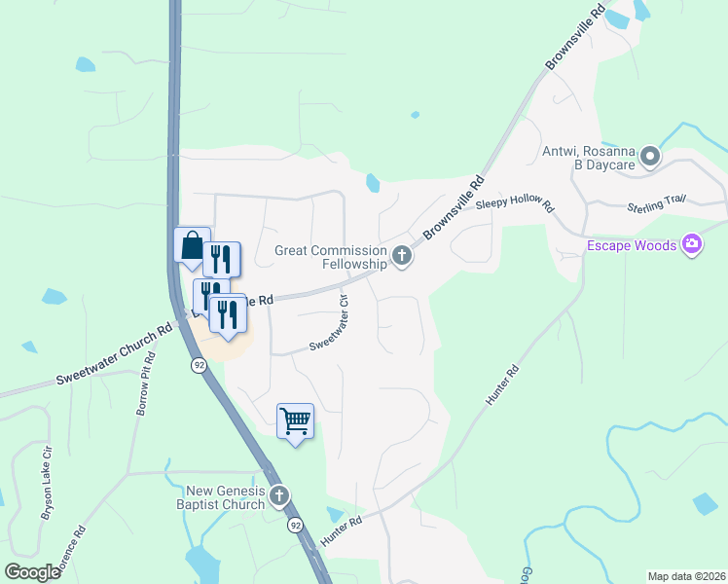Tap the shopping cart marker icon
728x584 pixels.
click(295, 421)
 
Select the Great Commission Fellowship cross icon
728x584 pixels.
click(402, 257)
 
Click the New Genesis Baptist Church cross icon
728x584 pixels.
click(279, 496)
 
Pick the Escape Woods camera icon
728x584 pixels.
click(692, 243)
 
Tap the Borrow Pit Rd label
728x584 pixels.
click(145, 384)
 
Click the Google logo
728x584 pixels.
click(33, 571)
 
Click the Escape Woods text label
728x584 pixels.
click(631, 245)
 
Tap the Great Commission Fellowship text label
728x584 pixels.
click(331, 257)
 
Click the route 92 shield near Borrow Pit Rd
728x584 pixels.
click(199, 365)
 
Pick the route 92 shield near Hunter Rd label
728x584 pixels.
click(294, 525)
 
